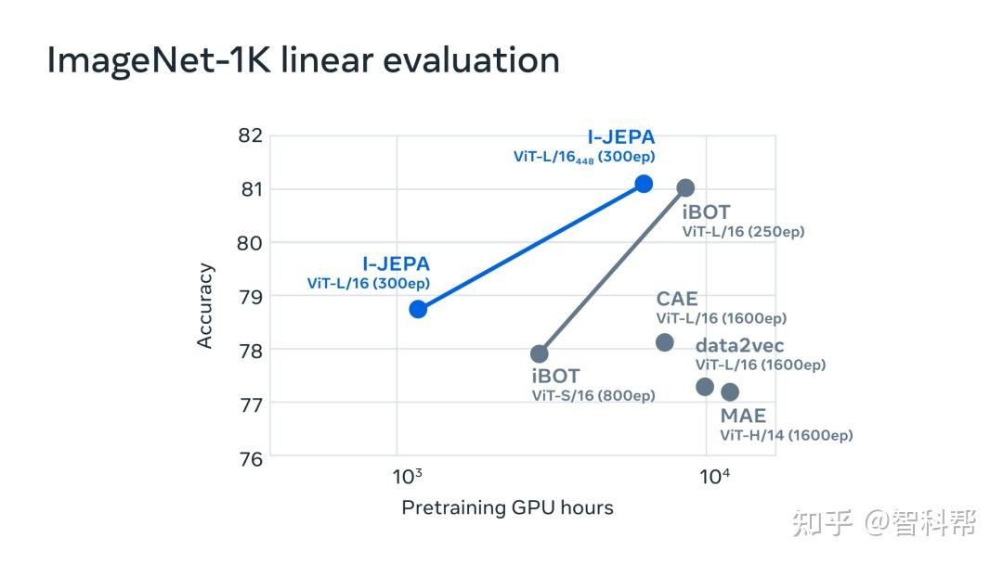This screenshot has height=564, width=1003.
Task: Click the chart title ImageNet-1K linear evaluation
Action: point(303,61)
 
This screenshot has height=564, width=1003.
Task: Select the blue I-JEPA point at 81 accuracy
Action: point(644,184)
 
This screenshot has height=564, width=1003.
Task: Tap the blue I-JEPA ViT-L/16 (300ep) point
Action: point(418,309)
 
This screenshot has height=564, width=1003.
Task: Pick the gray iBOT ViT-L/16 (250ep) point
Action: point(685,188)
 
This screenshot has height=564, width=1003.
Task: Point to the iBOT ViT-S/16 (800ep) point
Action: point(540,353)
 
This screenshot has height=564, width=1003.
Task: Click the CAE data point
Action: point(665,342)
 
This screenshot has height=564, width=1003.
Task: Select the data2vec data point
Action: point(705,387)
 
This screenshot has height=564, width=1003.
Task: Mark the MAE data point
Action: point(730,391)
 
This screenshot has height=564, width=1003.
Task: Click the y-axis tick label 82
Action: point(251,135)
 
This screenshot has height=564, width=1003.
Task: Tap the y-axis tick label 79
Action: point(251,297)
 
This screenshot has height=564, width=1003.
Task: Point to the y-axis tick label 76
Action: point(251,458)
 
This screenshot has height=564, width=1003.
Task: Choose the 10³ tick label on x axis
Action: point(407,478)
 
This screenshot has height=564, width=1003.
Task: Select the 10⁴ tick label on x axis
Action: point(714,478)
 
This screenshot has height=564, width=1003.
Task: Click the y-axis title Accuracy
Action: point(205,306)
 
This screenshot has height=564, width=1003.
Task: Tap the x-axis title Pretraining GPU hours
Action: point(507,507)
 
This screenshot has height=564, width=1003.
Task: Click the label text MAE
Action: point(743,416)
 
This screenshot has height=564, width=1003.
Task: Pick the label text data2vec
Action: point(739,346)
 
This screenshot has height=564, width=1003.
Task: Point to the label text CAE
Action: point(676,299)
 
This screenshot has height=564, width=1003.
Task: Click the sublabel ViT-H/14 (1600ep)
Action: point(786,435)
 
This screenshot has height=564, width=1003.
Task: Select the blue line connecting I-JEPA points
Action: point(530,247)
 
